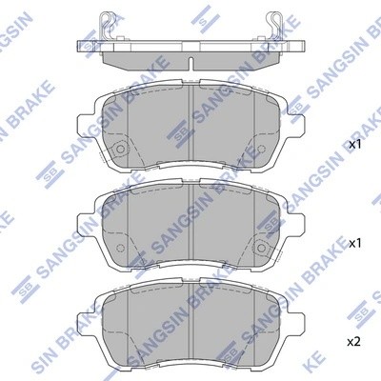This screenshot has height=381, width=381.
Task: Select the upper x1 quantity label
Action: point(355,145)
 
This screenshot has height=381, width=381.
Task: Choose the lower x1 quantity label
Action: point(355,243)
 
